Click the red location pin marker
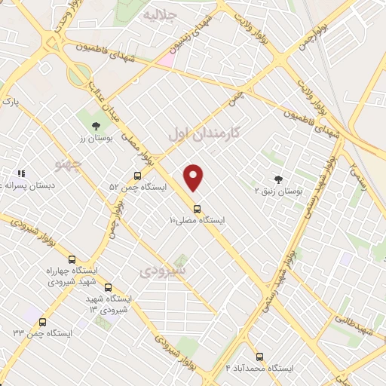[194, 177]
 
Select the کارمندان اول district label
[204, 133]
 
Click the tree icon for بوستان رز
[94, 127]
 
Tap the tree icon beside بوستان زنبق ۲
[279, 179]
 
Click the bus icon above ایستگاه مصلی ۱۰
[197, 208]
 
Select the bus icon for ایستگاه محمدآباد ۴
[260, 357]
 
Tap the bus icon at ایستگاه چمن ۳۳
[42, 322]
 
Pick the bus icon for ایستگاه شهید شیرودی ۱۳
[108, 287]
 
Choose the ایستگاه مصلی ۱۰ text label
[197, 220]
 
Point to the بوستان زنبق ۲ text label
[279, 191]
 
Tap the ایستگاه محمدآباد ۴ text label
[260, 369]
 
